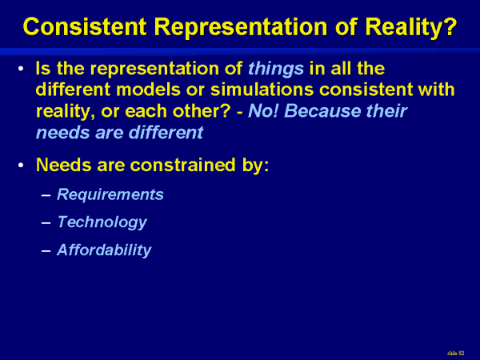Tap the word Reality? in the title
pos(411,27)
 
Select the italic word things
pos(276,69)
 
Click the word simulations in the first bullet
pos(262,90)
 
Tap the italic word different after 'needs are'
pos(166,132)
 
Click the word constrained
pos(183,165)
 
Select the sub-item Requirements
pos(110,194)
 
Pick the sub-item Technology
pos(102,222)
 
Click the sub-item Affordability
pos(104,250)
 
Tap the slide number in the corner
pos(455,354)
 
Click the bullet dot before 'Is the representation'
pos(21,69)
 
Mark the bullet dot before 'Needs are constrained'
pos(21,166)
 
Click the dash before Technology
pos(46,223)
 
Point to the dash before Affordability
pos(46,250)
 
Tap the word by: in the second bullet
pos(256,166)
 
